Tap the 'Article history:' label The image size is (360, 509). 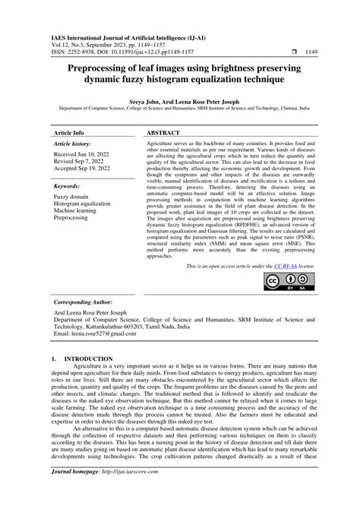click(x=72, y=143)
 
